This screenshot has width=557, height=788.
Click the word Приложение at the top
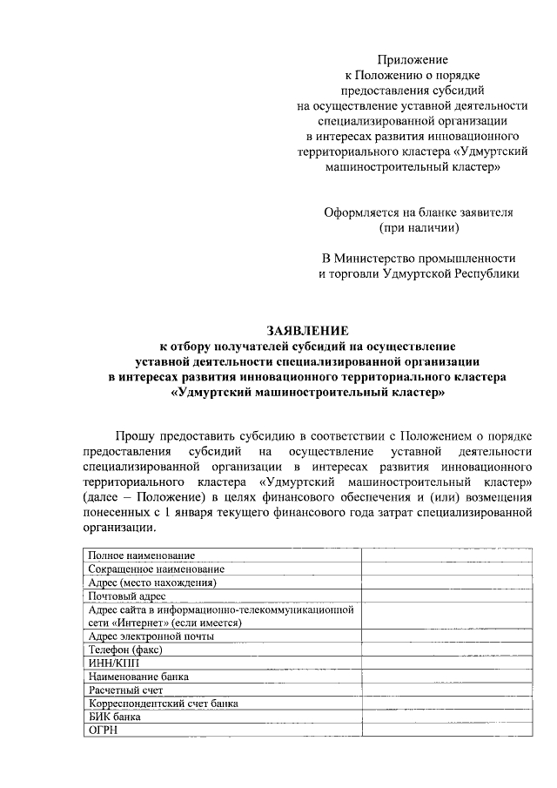(x=413, y=60)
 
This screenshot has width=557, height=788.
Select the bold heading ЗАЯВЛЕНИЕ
(x=306, y=331)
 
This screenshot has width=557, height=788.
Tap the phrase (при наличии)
(x=419, y=228)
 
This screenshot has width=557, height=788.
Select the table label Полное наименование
(x=141, y=556)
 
